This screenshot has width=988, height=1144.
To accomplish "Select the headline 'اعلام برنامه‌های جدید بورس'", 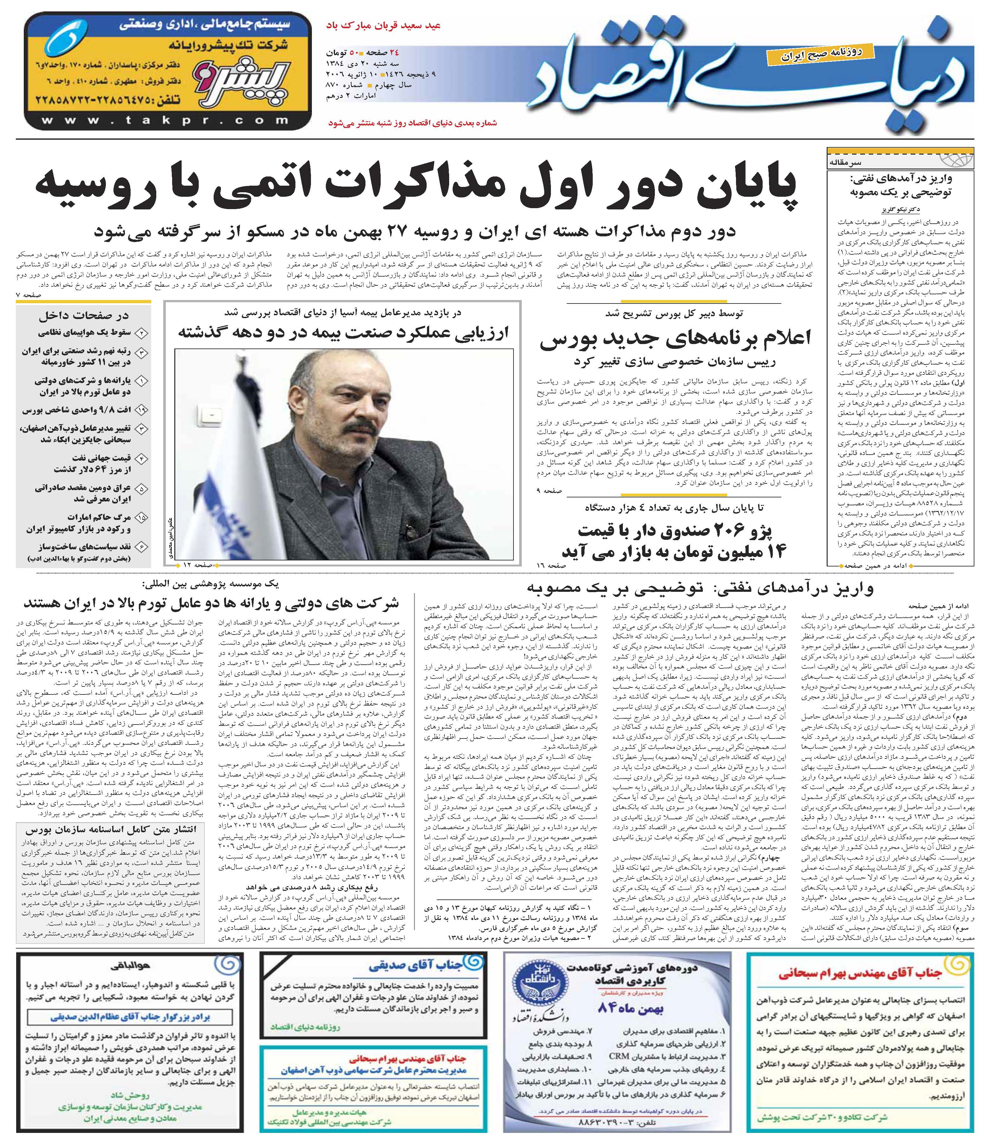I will point(675,338).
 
